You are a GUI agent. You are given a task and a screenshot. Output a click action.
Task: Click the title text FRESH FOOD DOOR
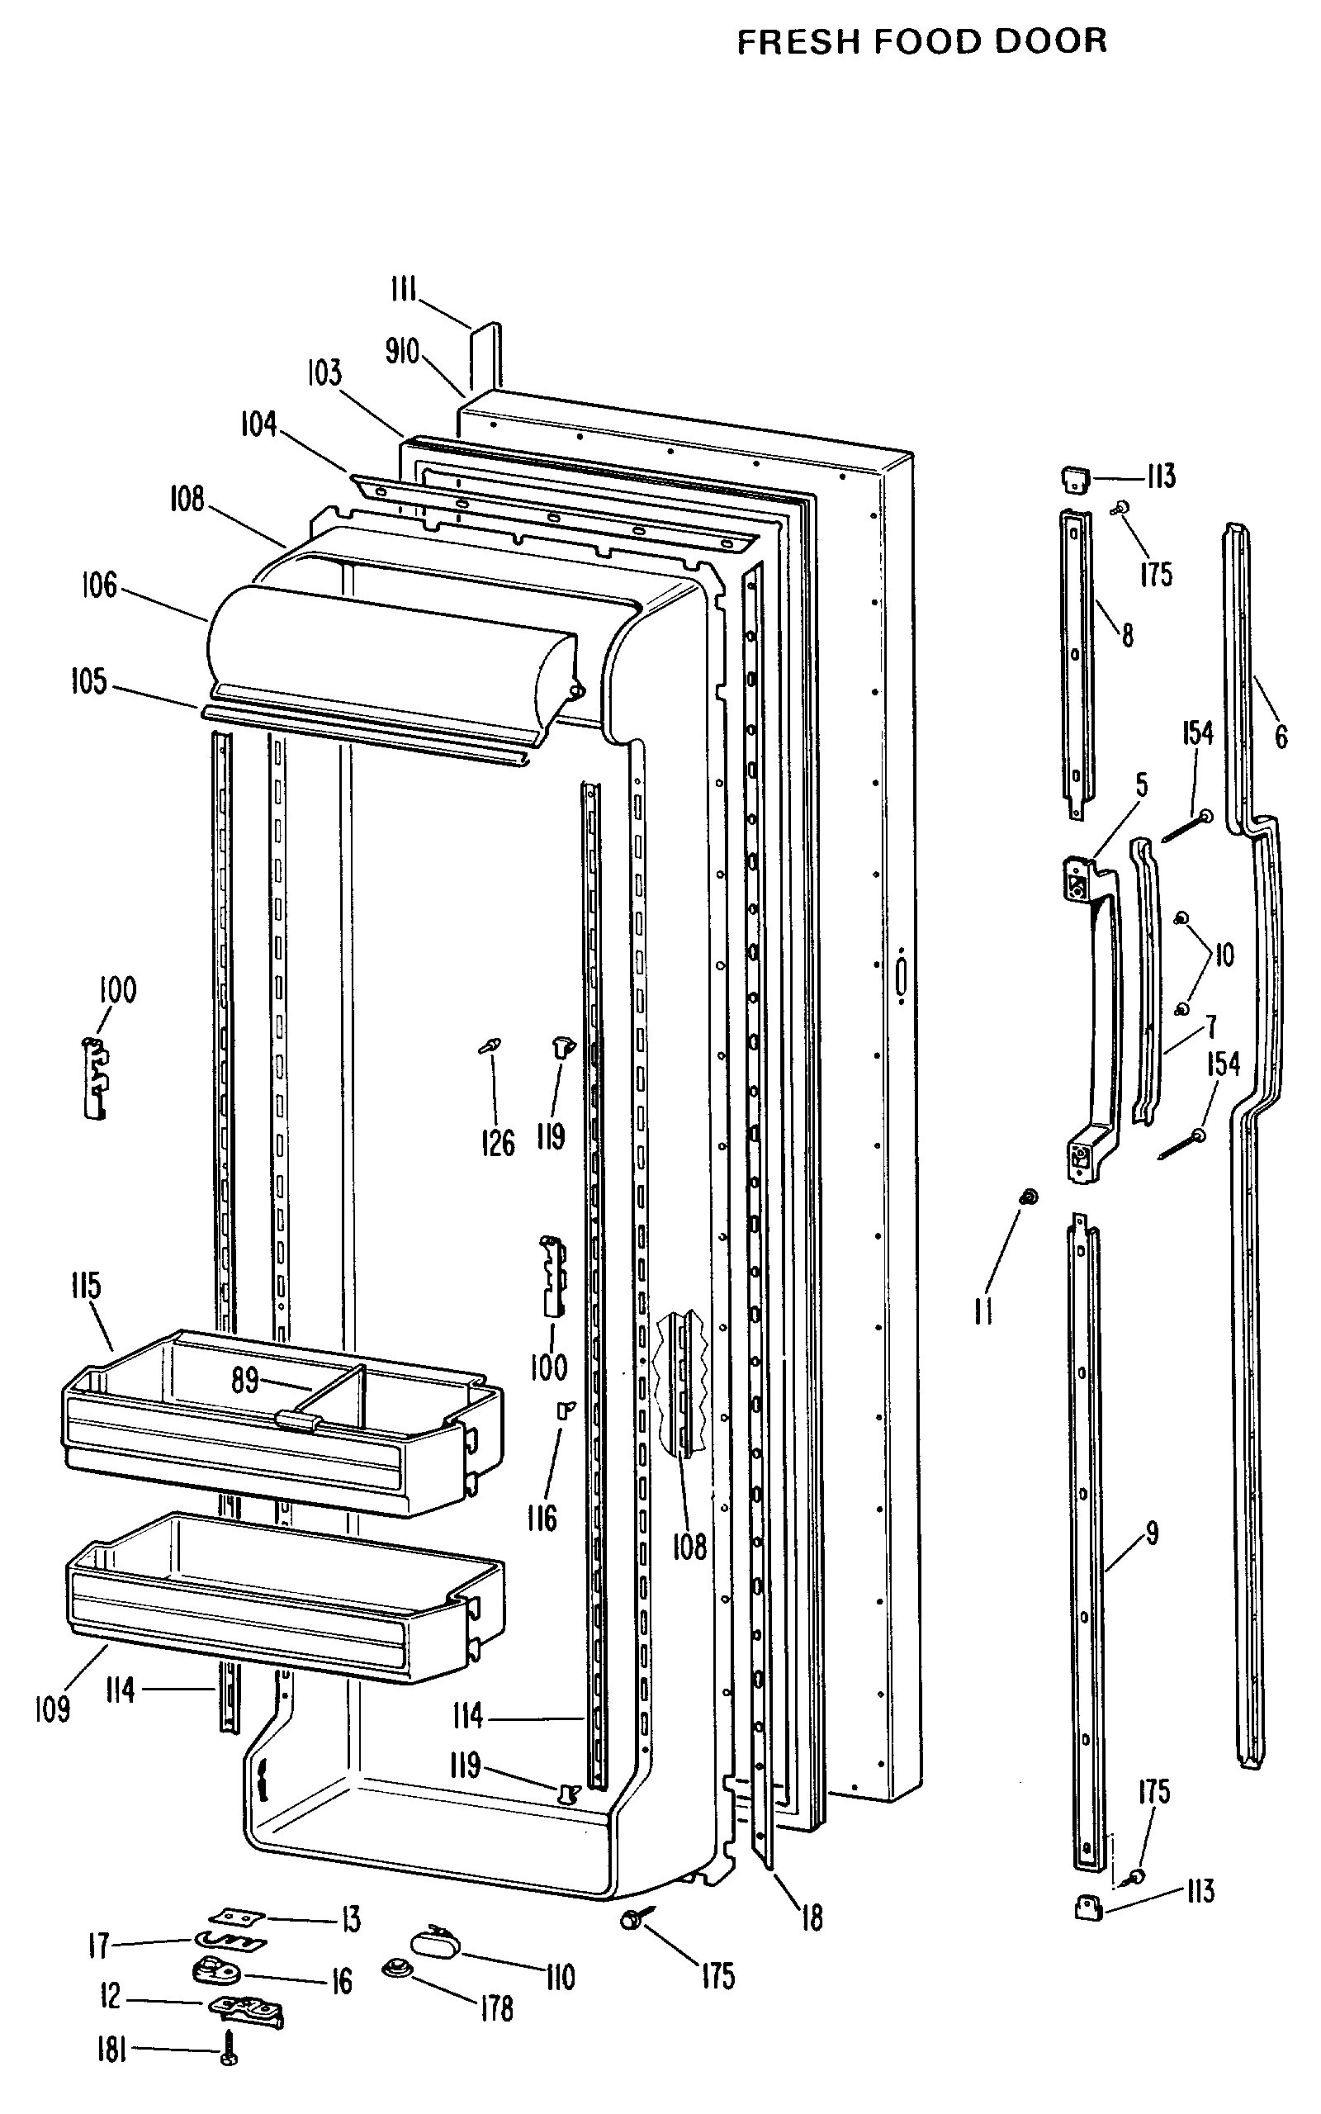click(x=921, y=41)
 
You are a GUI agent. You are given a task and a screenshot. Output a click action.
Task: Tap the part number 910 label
click(x=403, y=352)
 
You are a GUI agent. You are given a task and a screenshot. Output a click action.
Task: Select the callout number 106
click(x=99, y=585)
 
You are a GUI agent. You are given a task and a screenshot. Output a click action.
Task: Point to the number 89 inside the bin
click(x=244, y=1380)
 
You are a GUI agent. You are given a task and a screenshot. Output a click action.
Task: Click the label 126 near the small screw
click(x=498, y=1143)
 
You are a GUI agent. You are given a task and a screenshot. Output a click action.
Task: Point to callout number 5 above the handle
click(x=1141, y=784)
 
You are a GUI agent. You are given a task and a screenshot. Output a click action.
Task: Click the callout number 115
click(x=86, y=1286)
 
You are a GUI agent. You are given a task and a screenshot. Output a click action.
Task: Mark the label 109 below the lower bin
click(x=51, y=1708)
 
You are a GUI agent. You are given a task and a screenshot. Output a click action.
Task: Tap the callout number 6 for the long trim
click(x=1280, y=737)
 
